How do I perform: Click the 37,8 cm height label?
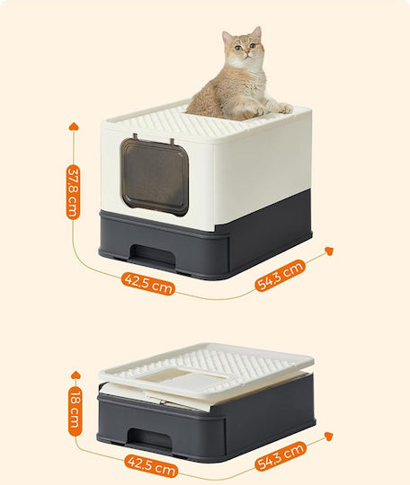pyautogui.click(x=74, y=192)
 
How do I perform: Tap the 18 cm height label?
pyautogui.click(x=75, y=411)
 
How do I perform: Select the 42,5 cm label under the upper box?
pyautogui.click(x=148, y=284)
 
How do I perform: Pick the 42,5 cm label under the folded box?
pyautogui.click(x=151, y=465)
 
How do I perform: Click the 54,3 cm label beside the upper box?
pyautogui.click(x=280, y=276)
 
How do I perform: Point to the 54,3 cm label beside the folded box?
pyautogui.click(x=281, y=456)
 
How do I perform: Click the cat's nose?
pyautogui.click(x=246, y=53)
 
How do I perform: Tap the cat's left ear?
pyautogui.click(x=257, y=33)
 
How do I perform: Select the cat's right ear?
pyautogui.click(x=227, y=37)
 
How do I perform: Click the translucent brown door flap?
pyautogui.click(x=155, y=177)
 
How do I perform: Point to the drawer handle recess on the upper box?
pyautogui.click(x=153, y=254)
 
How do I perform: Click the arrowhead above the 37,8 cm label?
pyautogui.click(x=74, y=127)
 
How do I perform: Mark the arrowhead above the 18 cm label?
pyautogui.click(x=76, y=375)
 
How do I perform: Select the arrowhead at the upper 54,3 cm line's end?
pyautogui.click(x=329, y=251)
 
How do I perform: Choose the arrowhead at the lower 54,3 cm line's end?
pyautogui.click(x=328, y=436)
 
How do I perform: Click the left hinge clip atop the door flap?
pyautogui.click(x=136, y=137)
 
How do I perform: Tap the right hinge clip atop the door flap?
pyautogui.click(x=172, y=142)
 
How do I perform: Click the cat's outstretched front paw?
pyautogui.click(x=285, y=109)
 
